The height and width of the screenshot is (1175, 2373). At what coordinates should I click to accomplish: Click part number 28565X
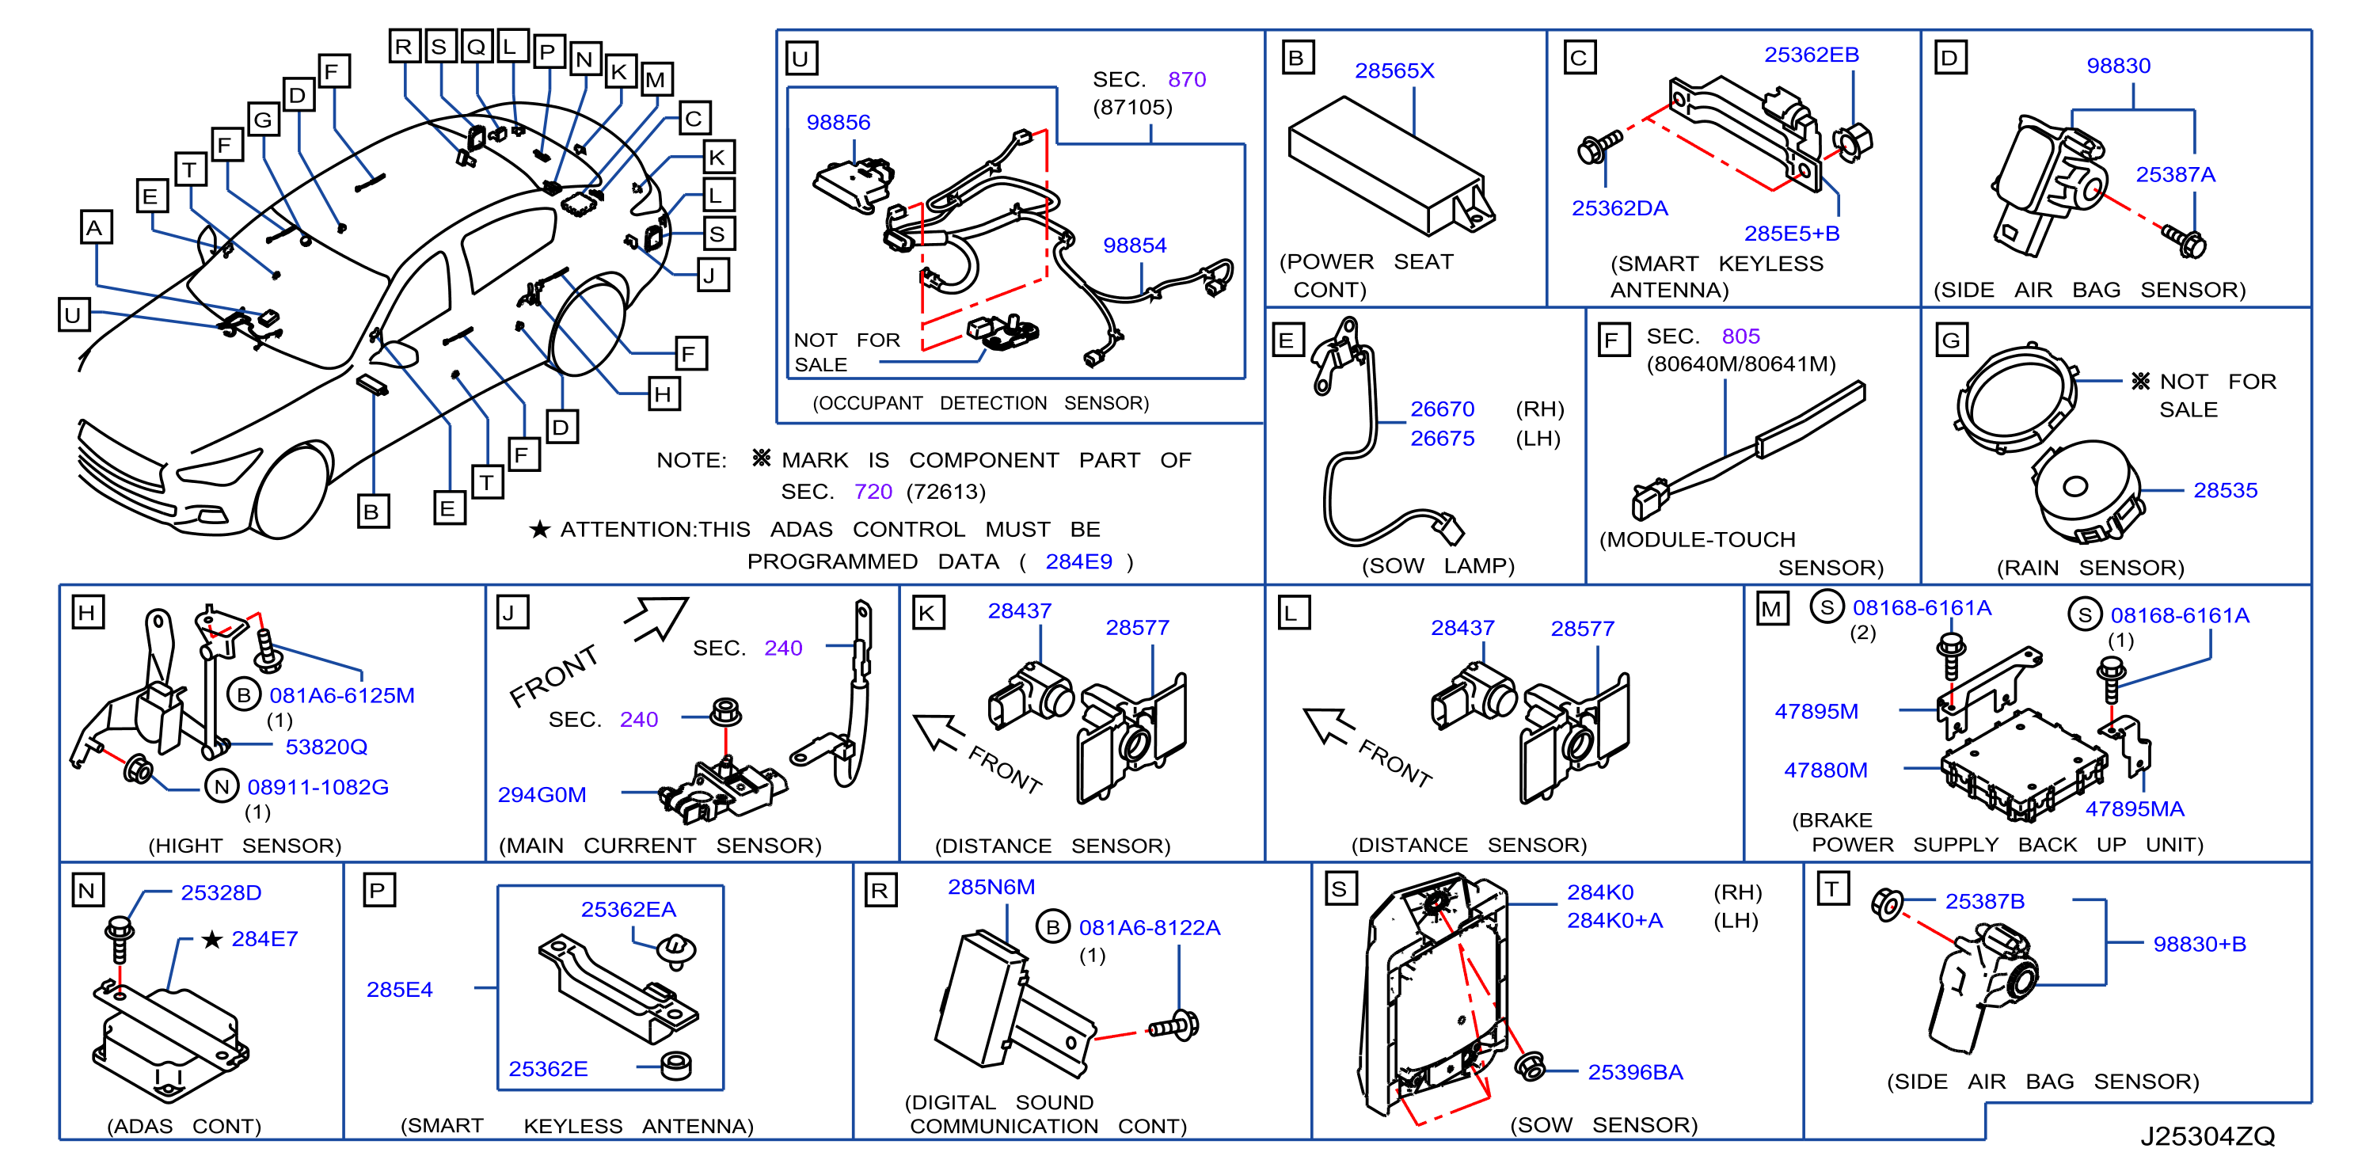(1394, 71)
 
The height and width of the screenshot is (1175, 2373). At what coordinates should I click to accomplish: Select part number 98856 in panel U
(839, 123)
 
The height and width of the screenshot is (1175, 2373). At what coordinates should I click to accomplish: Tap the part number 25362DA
(1619, 208)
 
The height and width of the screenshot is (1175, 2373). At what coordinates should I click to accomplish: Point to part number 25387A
(2175, 174)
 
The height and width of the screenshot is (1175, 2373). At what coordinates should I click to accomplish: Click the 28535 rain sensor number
(2225, 490)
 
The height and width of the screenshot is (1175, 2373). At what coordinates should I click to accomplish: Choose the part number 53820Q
(326, 747)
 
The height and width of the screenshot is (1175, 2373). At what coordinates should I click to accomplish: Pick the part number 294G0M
(542, 795)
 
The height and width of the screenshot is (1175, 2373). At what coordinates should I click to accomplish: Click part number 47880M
(1825, 770)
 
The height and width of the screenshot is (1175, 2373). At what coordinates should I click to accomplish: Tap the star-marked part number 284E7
(264, 938)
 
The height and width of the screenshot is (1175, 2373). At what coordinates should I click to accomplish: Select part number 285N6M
(991, 887)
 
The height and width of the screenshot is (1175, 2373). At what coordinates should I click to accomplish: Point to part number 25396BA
(1635, 1072)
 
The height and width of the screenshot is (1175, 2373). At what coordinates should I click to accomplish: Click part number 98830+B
(2199, 944)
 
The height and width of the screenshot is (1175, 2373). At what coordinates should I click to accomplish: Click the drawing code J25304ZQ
(2208, 1136)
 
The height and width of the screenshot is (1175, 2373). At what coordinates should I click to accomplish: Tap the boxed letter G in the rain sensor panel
(1951, 340)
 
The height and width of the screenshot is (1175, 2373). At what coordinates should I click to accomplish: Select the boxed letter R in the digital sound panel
(880, 891)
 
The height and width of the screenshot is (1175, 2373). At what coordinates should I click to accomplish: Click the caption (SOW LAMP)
(1438, 565)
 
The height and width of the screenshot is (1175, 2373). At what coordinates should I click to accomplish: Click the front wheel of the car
(293, 491)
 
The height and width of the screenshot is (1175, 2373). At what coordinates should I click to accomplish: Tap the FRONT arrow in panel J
(656, 618)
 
